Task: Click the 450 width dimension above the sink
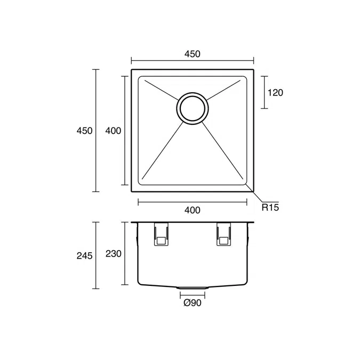(193, 54)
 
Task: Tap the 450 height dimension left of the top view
(84, 131)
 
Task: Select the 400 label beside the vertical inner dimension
(113, 131)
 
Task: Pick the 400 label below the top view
(193, 210)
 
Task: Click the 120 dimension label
(275, 93)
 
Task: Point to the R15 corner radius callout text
(270, 207)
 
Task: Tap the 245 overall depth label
(84, 255)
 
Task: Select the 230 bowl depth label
(114, 254)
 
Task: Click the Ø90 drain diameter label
(193, 303)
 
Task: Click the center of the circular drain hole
(193, 109)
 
